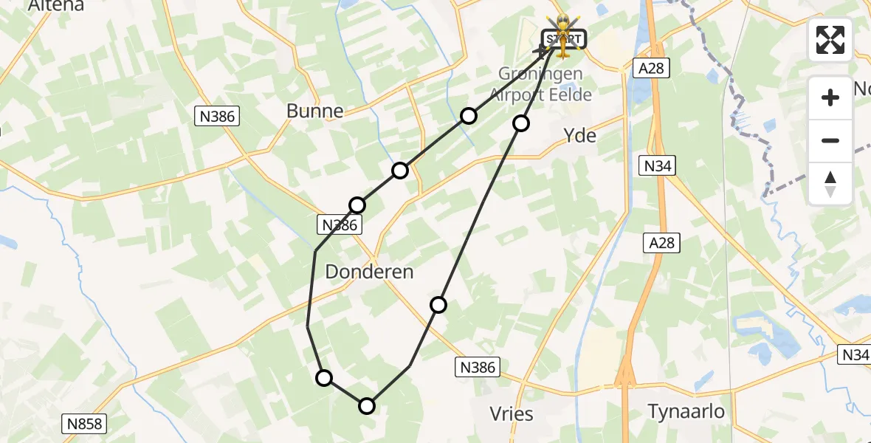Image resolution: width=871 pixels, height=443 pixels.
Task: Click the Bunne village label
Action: tap(315, 111)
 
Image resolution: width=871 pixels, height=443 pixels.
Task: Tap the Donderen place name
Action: tap(369, 272)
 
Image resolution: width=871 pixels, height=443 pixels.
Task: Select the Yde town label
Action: tap(579, 135)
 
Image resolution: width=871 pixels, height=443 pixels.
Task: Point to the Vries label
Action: tap(512, 413)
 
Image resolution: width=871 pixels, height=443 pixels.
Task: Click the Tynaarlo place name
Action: tap(686, 411)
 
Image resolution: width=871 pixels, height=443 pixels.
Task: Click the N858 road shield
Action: tap(84, 424)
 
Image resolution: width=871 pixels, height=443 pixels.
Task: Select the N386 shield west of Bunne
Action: tap(217, 115)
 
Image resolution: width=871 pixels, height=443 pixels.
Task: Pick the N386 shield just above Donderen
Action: tap(340, 225)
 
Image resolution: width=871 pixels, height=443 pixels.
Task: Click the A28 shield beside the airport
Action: tap(650, 69)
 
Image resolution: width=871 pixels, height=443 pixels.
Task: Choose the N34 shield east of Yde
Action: tap(657, 166)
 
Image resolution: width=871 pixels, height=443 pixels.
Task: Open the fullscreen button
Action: tap(830, 39)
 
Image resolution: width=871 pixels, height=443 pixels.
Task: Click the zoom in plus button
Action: tap(830, 97)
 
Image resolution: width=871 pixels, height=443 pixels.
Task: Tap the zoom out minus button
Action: tap(830, 140)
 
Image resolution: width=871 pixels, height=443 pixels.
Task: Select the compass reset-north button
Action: tap(830, 184)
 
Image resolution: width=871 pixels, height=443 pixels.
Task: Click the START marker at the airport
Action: tap(563, 38)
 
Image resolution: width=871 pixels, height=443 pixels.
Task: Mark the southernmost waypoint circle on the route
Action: tap(367, 405)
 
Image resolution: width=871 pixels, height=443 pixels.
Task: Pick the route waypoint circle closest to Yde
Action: tap(521, 123)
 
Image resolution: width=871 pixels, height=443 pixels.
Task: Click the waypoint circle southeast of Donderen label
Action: tap(438, 305)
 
